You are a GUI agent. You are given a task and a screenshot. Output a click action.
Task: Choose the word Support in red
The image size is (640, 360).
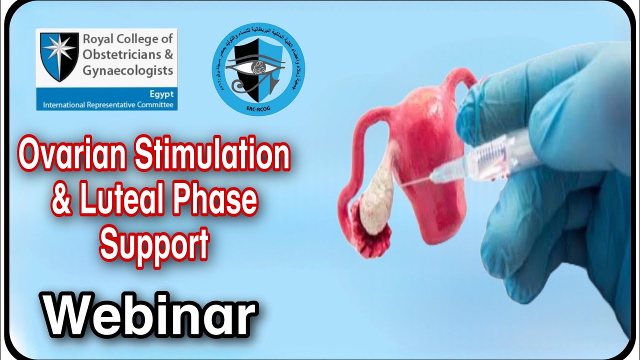pos(154,243)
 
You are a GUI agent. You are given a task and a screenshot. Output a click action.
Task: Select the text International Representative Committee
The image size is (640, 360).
pos(108,105)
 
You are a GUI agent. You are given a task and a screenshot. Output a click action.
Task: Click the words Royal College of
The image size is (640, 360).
pos(127,38)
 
